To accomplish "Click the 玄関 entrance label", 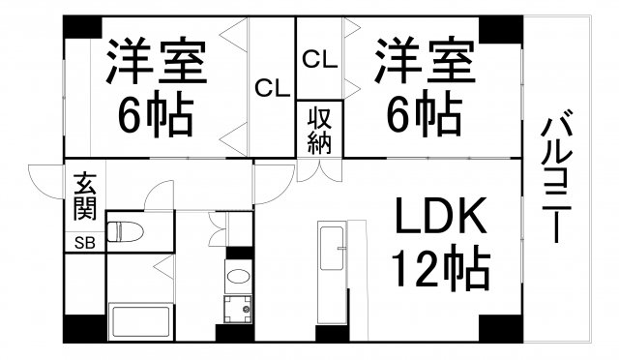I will click(x=84, y=195).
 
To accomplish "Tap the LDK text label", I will click(x=439, y=217).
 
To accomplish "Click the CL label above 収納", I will click(x=320, y=59).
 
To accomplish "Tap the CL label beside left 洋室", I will click(x=273, y=88).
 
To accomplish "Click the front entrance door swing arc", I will click(x=44, y=180).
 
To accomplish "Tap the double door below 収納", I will click(x=320, y=170).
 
